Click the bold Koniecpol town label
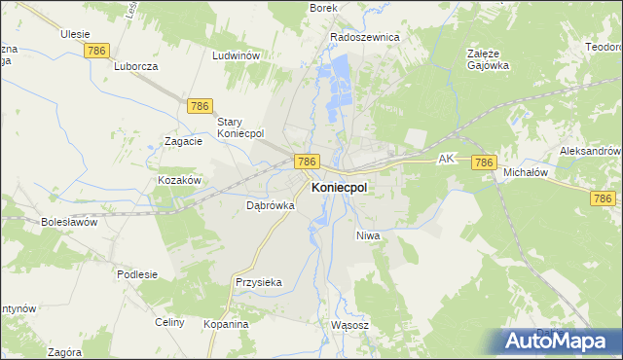[339, 189]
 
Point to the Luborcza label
[135, 67]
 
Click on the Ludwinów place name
[236, 55]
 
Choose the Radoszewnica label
[365, 37]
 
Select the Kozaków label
[179, 181]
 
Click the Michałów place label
[526, 172]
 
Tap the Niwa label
[367, 235]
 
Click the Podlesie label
[137, 274]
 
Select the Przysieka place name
[258, 282]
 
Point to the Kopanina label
[226, 323]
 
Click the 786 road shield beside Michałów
[485, 162]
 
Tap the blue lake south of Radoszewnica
[341, 73]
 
